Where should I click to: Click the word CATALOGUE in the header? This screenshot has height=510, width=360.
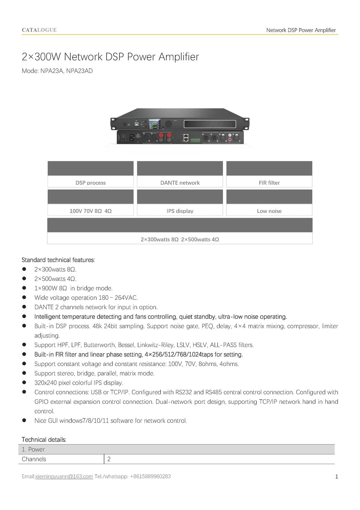[x=39, y=30]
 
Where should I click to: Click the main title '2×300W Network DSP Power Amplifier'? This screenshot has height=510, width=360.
[x=110, y=57]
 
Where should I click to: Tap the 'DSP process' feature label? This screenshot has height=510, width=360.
[x=91, y=183]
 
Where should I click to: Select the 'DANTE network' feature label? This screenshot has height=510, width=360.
[x=180, y=183]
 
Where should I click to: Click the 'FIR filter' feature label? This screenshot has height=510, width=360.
[x=269, y=183]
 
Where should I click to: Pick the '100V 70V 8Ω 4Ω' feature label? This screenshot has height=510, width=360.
[x=91, y=211]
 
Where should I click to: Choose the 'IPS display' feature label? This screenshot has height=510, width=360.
[x=180, y=211]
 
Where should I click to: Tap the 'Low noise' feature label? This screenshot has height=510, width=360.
[x=269, y=211]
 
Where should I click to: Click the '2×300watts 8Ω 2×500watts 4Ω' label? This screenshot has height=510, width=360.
[x=180, y=240]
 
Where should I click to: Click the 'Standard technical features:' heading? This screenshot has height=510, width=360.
[x=58, y=260]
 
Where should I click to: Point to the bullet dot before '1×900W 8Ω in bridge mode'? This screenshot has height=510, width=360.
[x=24, y=288]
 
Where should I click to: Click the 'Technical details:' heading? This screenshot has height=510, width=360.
[x=44, y=440]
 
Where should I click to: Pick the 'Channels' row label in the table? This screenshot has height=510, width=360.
[x=34, y=459]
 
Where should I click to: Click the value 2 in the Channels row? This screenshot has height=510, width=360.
[x=109, y=459]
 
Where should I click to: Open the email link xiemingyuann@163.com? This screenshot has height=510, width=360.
[x=64, y=477]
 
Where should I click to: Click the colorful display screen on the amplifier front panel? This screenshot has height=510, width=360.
[x=154, y=124]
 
